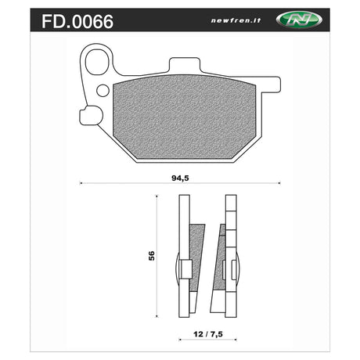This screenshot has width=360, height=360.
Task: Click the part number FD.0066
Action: [77, 21]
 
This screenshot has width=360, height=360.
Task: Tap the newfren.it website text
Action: [236, 20]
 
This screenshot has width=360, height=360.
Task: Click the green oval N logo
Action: [299, 20]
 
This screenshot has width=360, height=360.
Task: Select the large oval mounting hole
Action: [97, 63]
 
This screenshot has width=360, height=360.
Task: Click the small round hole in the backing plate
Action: [103, 91]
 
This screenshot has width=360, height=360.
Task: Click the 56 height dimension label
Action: [151, 256]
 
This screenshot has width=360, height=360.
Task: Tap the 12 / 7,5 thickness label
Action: [208, 334]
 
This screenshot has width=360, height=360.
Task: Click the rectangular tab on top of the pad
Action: [185, 65]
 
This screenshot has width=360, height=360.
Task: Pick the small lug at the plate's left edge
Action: [89, 116]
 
